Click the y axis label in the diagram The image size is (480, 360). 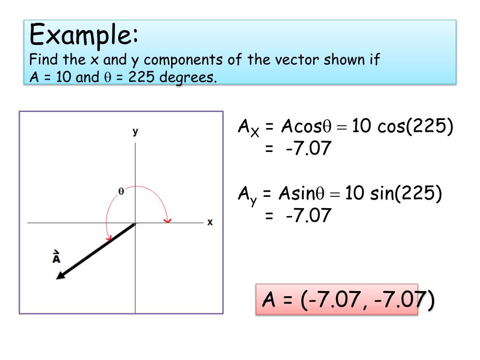(x=135, y=132)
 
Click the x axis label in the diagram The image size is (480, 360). (x=210, y=222)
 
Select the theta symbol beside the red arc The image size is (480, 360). (x=121, y=191)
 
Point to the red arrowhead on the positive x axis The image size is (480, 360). (x=167, y=219)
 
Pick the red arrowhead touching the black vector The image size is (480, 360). (x=109, y=238)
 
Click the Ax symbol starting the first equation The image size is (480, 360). (x=248, y=128)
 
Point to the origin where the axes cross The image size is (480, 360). (x=135, y=223)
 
